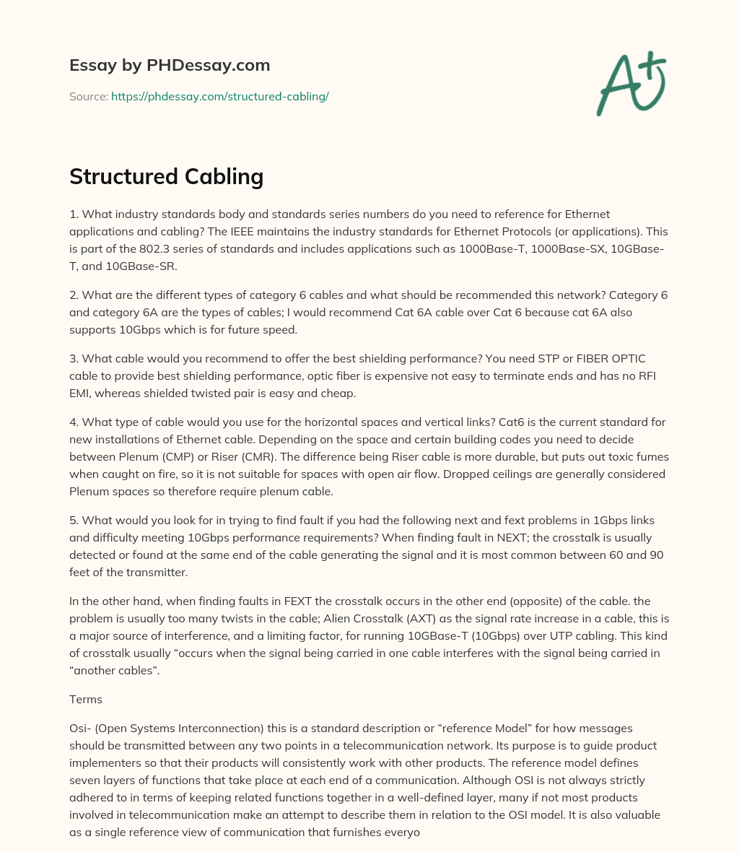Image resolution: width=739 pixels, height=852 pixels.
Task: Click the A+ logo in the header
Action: click(x=630, y=83)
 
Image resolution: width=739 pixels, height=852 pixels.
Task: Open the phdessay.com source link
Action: click(x=219, y=96)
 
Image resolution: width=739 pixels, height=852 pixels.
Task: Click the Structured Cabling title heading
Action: click(x=166, y=176)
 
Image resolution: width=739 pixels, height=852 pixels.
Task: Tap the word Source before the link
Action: click(x=87, y=96)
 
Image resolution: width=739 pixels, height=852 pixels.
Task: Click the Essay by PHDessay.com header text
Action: click(x=170, y=65)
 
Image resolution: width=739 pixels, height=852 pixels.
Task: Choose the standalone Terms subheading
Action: click(x=86, y=699)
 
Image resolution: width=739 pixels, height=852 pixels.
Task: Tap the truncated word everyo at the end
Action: click(x=401, y=832)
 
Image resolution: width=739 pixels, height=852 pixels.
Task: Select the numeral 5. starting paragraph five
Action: click(x=74, y=520)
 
